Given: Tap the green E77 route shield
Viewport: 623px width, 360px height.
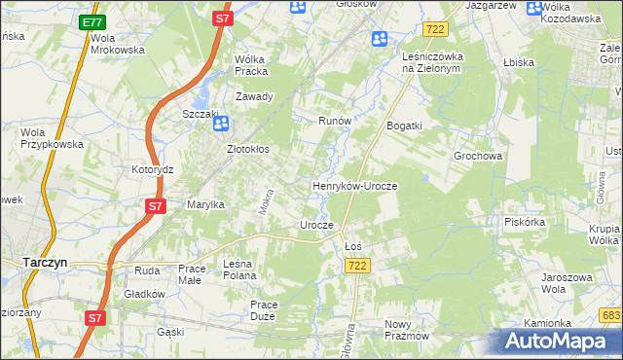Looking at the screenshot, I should click(x=91, y=21).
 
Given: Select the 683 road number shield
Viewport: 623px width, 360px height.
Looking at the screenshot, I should click(x=610, y=315).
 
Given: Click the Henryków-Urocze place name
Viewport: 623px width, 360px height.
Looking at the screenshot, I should click(x=354, y=185).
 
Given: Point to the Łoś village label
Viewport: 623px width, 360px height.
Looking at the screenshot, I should click(x=353, y=246).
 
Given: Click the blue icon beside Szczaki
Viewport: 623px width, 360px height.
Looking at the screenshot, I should click(x=221, y=124).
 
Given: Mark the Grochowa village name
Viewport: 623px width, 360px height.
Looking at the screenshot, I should click(x=477, y=156).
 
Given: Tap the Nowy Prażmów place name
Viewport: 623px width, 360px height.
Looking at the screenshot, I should click(x=406, y=330).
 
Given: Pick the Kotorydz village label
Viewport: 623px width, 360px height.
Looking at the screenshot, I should click(x=152, y=169).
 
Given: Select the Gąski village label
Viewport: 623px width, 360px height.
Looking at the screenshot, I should click(x=170, y=332).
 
